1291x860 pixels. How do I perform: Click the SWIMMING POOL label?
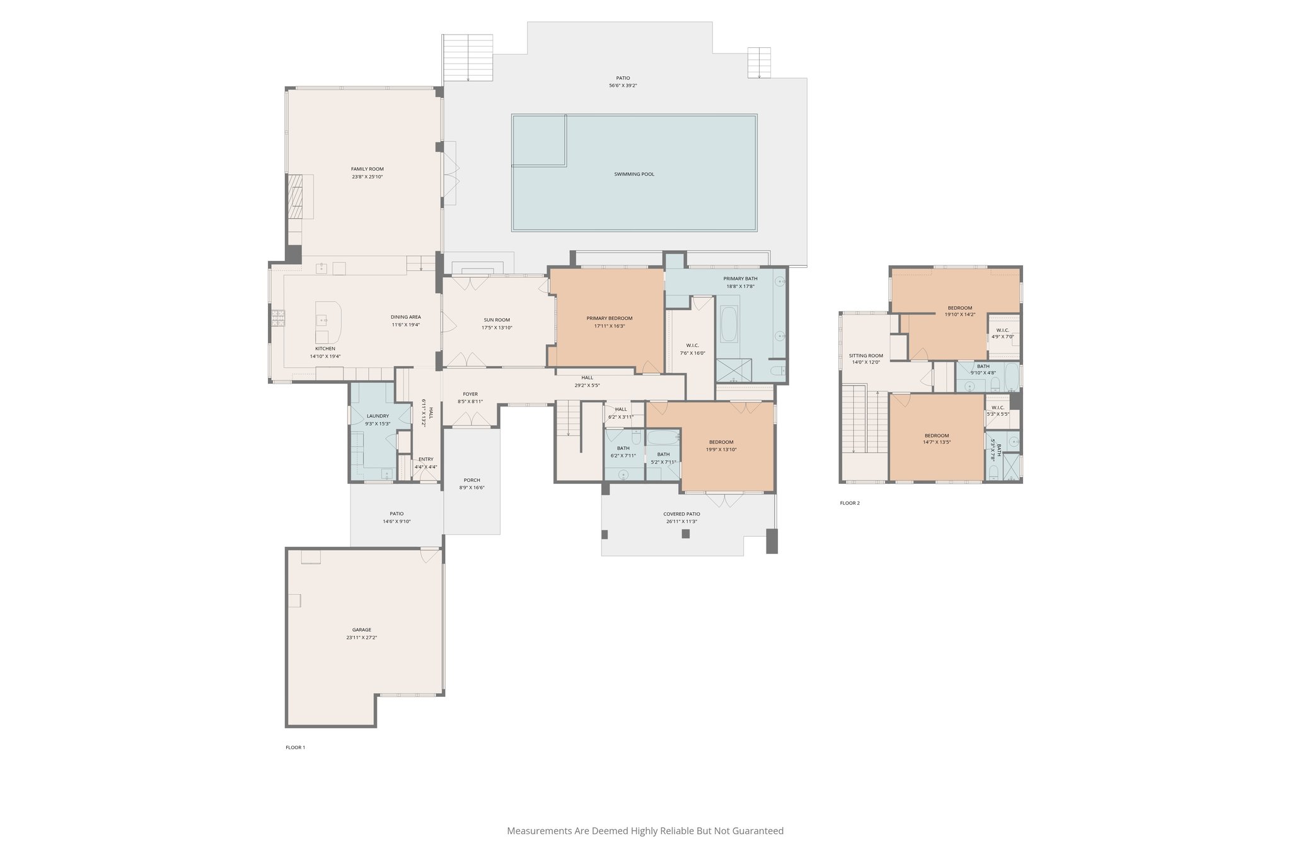click(634, 174)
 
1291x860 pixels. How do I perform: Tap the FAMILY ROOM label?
click(368, 169)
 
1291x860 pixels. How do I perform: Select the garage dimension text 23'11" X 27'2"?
click(362, 638)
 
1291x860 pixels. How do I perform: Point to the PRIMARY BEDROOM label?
click(609, 318)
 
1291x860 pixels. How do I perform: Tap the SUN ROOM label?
click(497, 320)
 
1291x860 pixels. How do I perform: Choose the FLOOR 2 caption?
click(849, 503)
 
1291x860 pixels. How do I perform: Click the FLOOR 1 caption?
click(295, 747)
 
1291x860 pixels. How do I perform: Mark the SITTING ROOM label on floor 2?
click(865, 355)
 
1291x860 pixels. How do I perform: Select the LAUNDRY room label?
click(378, 416)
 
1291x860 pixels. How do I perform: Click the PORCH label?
click(472, 480)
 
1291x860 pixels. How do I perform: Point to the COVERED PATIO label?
click(681, 514)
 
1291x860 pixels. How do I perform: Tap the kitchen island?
click(328, 322)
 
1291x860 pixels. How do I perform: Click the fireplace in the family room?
click(296, 196)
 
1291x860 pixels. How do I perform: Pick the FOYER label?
click(470, 394)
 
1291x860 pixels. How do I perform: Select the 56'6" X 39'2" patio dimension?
click(623, 86)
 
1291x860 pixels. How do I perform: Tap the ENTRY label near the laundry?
click(426, 459)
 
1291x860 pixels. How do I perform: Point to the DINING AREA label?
click(405, 317)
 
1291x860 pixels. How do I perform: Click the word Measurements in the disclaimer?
click(539, 831)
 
